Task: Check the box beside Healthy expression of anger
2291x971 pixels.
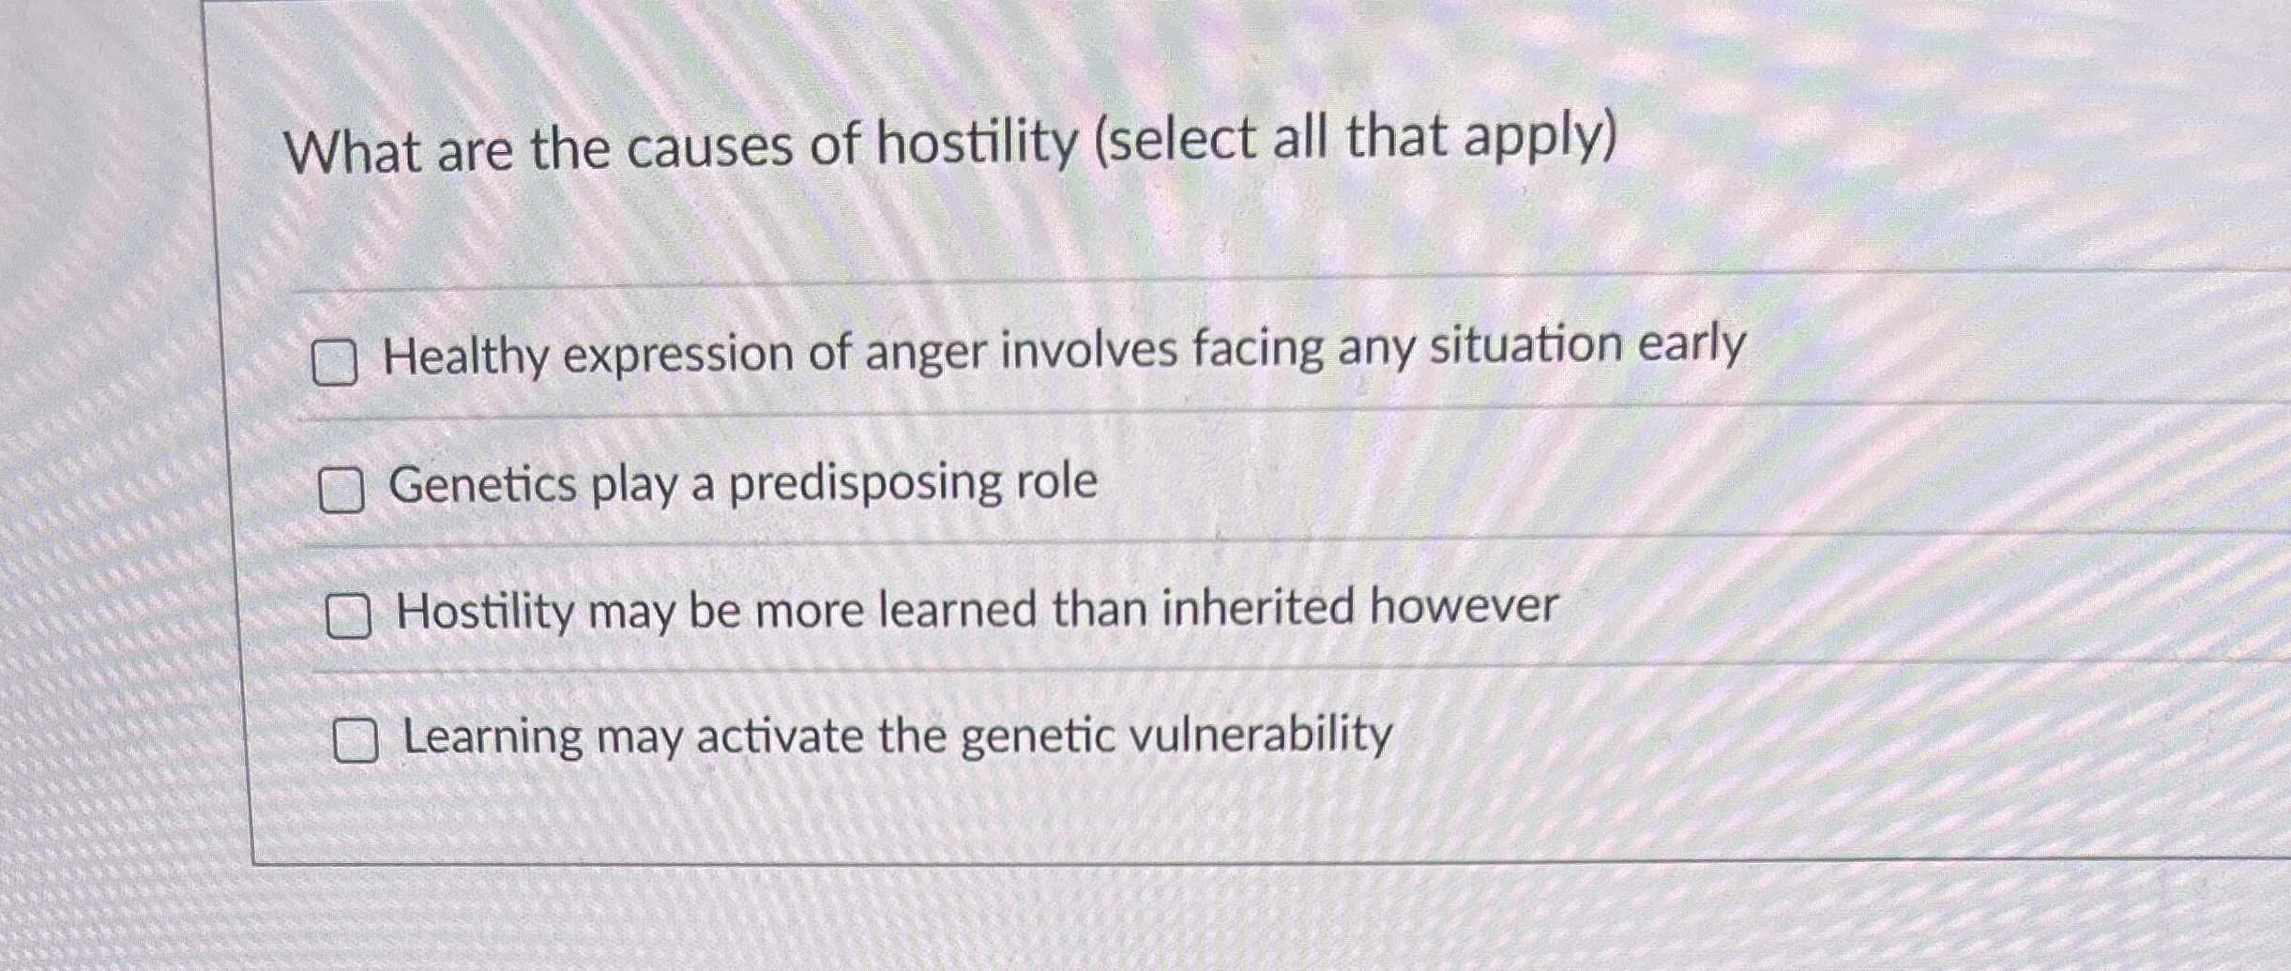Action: click(x=334, y=363)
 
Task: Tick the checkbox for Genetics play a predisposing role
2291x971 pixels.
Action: click(x=341, y=491)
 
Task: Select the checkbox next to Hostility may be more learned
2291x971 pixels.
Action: click(x=348, y=616)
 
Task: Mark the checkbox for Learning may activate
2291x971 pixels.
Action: click(x=357, y=741)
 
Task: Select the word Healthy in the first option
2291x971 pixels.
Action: click(x=465, y=357)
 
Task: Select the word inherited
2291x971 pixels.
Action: click(x=1258, y=607)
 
